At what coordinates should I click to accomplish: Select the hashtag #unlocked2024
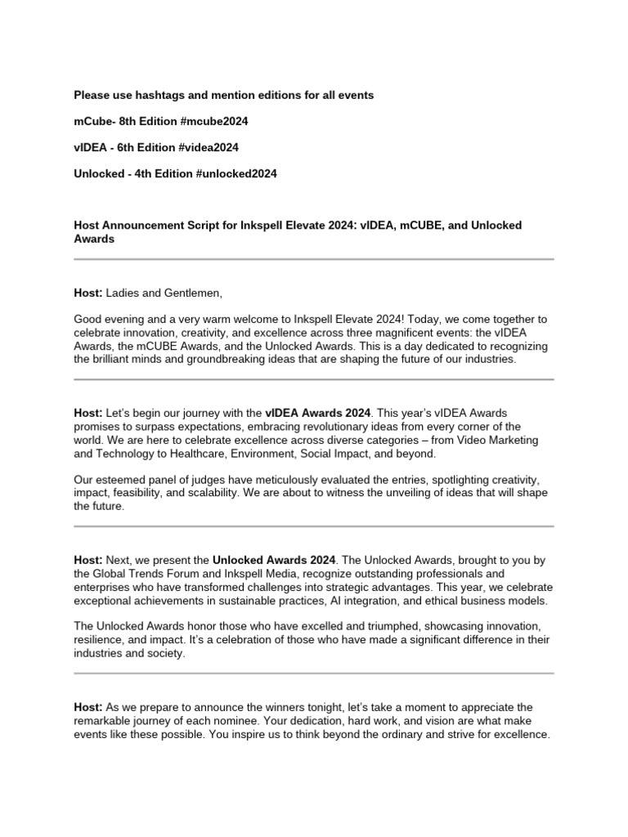coord(236,173)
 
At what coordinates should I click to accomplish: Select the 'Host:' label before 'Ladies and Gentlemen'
coord(87,293)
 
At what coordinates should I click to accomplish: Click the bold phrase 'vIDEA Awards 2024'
coord(318,413)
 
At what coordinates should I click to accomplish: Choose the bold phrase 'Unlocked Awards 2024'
coord(274,560)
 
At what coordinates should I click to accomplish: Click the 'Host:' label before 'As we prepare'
coord(87,706)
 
